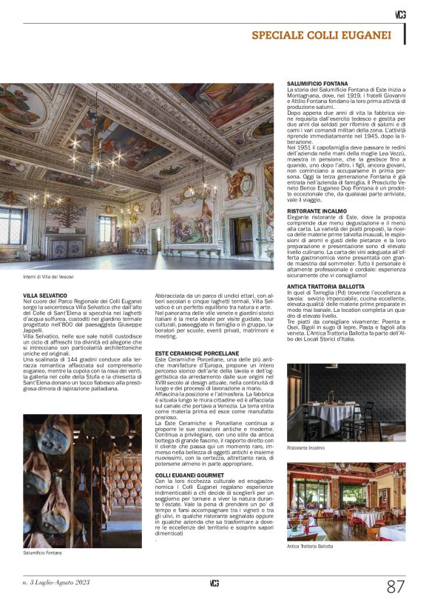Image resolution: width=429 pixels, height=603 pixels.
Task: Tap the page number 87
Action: [x=396, y=587]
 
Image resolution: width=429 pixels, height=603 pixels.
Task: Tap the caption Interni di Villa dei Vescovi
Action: [x=49, y=277]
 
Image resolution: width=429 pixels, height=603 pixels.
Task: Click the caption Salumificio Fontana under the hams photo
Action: [x=43, y=553]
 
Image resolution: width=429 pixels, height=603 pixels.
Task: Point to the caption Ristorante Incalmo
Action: [x=306, y=448]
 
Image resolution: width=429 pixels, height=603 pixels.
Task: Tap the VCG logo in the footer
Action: [x=214, y=582]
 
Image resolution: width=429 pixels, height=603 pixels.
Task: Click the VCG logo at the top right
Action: [x=399, y=14]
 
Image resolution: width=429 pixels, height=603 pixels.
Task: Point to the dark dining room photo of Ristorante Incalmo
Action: [x=345, y=402]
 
